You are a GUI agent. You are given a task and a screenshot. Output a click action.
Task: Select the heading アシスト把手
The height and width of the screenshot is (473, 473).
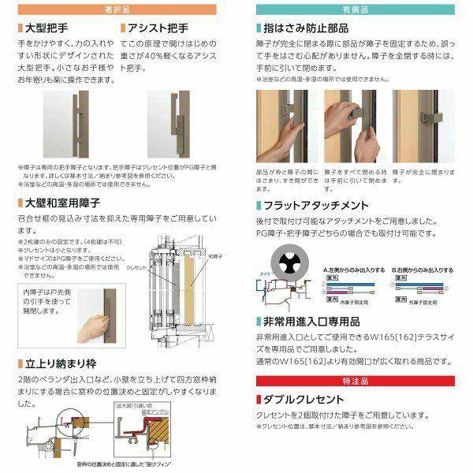(158, 28)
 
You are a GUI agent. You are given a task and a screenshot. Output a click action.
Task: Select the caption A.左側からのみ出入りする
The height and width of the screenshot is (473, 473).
(354, 270)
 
